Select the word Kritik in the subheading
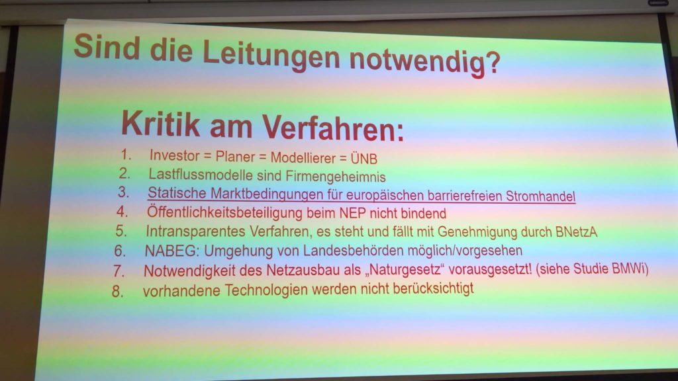pyautogui.click(x=161, y=124)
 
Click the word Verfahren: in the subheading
pyautogui.click(x=332, y=128)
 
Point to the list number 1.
pyautogui.click(x=126, y=154)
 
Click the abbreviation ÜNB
pyautogui.click(x=364, y=159)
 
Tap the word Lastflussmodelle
pyautogui.click(x=200, y=174)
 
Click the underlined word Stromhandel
pyautogui.click(x=540, y=196)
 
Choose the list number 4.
pyautogui.click(x=122, y=211)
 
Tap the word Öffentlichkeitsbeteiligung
pyautogui.click(x=224, y=212)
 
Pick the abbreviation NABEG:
pyautogui.click(x=172, y=250)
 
